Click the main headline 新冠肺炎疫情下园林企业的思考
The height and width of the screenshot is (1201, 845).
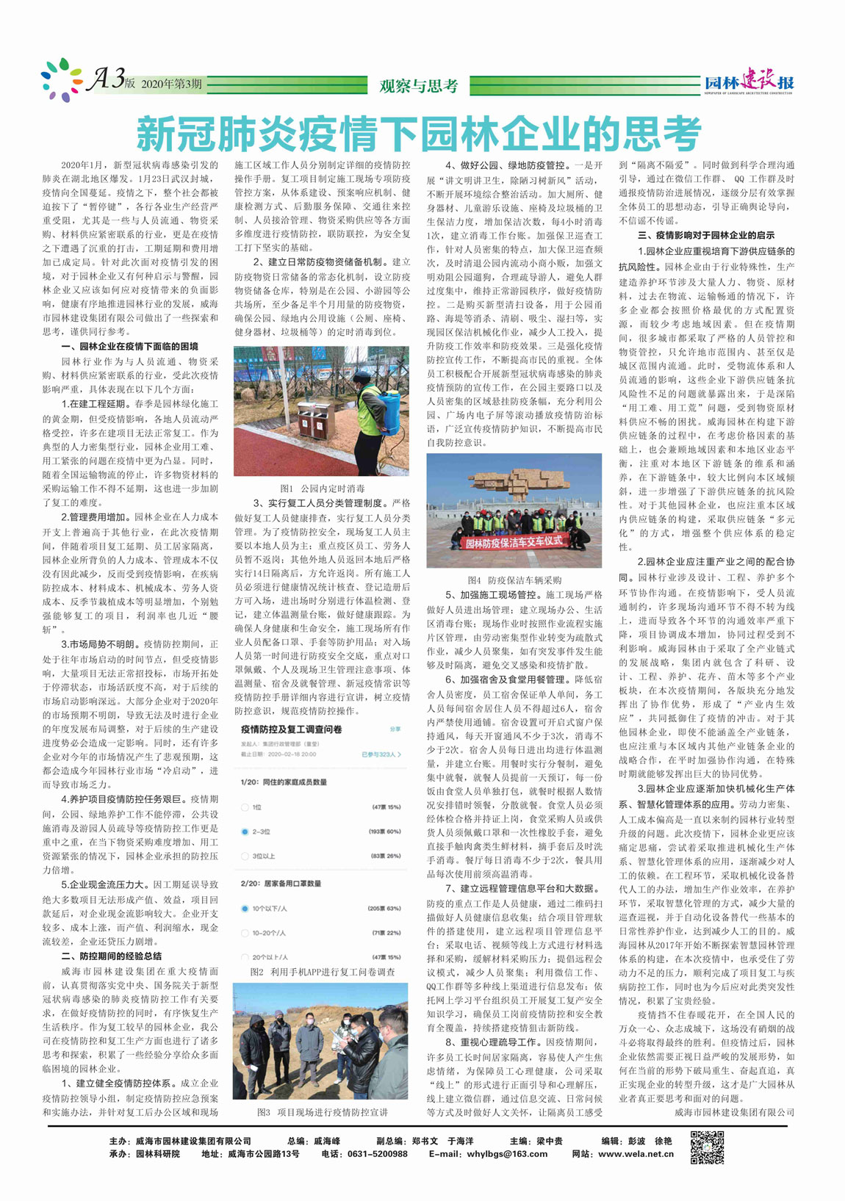coord(419,134)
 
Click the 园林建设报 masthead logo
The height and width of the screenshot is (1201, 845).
coord(749,84)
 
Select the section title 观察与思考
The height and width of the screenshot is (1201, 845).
coord(419,86)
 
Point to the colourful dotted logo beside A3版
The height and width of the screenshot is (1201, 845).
coord(62,79)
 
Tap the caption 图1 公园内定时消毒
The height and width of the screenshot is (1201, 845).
coord(322,488)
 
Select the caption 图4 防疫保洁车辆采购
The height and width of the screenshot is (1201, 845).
coord(514,580)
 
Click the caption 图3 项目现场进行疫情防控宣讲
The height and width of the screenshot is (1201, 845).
coord(322,1112)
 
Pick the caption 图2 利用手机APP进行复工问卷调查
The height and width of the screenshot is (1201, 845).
coord(322,971)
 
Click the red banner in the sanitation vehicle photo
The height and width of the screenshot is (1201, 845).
coord(514,542)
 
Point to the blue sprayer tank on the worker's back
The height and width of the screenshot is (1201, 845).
coord(389,402)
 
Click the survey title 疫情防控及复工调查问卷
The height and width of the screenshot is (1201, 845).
coord(291,729)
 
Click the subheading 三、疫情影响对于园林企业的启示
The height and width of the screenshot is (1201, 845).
coord(705,236)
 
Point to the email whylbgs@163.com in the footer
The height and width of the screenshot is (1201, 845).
coord(508,1154)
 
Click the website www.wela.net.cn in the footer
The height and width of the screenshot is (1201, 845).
coord(636,1154)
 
